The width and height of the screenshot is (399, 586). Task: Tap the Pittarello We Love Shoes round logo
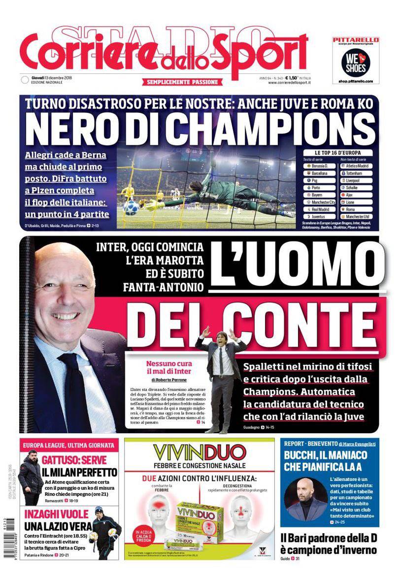354,62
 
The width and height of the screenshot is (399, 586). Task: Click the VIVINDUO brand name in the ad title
199,452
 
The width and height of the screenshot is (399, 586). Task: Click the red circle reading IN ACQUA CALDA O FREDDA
145,537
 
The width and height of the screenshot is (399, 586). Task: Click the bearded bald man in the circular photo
306,498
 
